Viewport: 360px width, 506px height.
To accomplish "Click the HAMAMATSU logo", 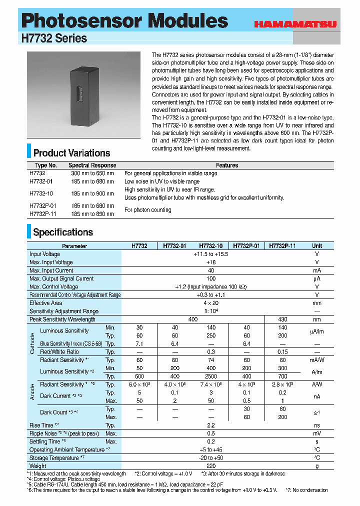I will pos(294,23).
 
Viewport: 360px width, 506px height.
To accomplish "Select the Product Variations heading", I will pos(71,153).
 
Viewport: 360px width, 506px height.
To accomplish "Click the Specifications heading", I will pos(63,232).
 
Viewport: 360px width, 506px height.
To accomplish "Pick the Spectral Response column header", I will pos(92,165).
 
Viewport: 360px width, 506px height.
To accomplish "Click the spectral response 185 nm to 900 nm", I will pos(92,193).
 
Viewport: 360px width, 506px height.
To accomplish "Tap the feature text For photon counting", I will pos(147,210).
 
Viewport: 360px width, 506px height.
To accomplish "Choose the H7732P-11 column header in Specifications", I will pos(282,246).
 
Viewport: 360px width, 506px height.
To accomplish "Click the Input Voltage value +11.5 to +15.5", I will pos(210,254).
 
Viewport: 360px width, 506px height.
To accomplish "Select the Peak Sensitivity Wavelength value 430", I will pos(282,319).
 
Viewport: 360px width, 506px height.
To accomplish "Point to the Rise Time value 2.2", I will pos(210,425).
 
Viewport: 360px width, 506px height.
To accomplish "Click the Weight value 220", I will pos(210,466).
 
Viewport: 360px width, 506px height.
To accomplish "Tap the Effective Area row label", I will pos(46,303).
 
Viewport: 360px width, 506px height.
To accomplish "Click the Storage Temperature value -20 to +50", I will pos(210,458).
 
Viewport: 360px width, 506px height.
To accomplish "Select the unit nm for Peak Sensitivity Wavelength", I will pos(317,319).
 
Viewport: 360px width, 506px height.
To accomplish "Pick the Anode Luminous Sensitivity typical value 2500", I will pos(210,376).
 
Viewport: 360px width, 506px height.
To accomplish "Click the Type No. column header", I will pos(46,165).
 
